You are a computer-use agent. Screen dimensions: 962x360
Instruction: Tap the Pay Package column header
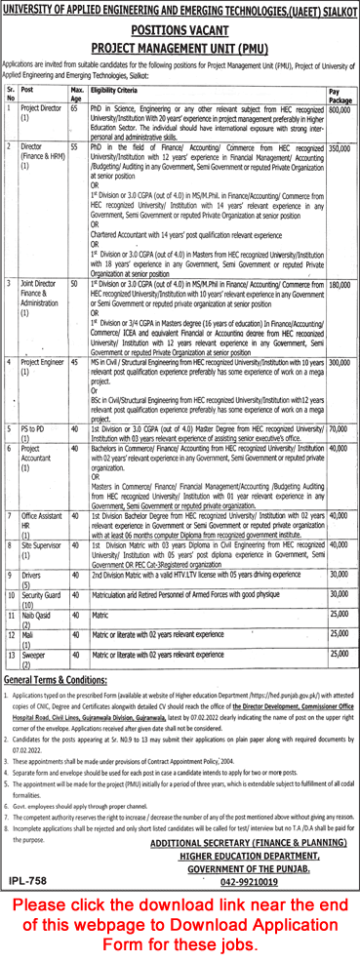coord(338,96)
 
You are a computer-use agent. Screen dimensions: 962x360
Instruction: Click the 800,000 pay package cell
coord(339,112)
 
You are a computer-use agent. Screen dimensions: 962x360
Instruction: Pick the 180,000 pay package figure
coord(339,284)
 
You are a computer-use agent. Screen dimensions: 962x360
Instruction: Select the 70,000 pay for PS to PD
coord(339,427)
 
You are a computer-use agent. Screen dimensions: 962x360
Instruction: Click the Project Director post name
coord(44,112)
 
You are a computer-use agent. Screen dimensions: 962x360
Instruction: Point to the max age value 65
coord(75,112)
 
